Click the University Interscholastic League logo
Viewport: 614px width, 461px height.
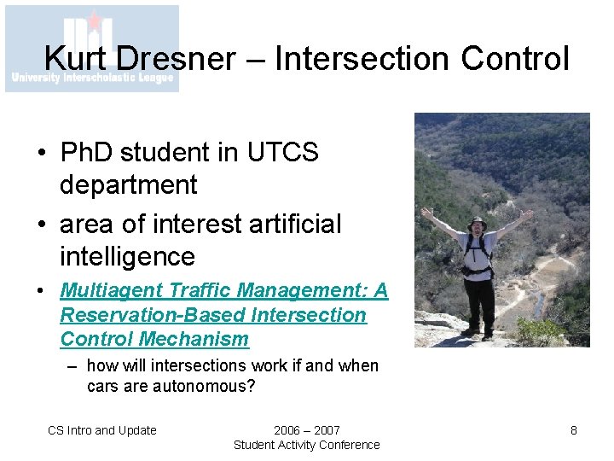click(x=92, y=48)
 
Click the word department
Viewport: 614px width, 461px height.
click(x=128, y=184)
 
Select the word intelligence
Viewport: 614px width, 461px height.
click(x=128, y=256)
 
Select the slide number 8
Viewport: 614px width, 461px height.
click(x=574, y=430)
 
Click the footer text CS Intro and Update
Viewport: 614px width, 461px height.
click(x=102, y=430)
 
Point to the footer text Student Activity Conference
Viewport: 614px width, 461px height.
click(x=307, y=445)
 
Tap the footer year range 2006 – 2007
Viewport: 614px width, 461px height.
click(x=307, y=430)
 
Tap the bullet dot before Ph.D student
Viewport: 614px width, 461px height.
click(x=40, y=154)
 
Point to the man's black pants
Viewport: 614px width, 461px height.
click(x=479, y=303)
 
